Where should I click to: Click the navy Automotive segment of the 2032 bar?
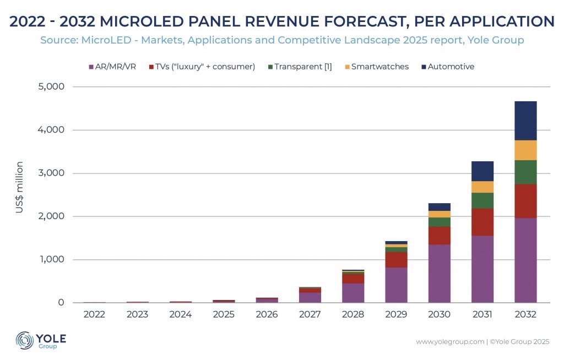pos(525,121)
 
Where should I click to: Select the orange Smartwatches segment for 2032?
pos(525,150)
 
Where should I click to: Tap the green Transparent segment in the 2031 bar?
pos(482,201)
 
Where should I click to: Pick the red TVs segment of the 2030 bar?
pos(439,236)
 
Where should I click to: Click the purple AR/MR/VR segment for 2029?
pos(396,285)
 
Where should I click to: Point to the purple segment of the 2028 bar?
pos(353,293)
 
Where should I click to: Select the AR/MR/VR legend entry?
pos(112,67)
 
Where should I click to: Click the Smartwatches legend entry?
pos(377,67)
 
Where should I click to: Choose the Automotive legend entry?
pos(448,67)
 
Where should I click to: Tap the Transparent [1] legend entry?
pos(300,67)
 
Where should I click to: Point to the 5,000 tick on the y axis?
pos(51,86)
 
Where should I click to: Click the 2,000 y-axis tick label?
pos(51,216)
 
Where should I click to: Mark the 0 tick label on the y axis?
pos(61,302)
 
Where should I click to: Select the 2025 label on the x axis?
pos(224,314)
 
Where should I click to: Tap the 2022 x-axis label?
pos(94,314)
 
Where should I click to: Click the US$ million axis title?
pos(19,187)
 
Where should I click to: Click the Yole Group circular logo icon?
pos(24,340)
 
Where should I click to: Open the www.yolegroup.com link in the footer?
pos(450,342)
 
